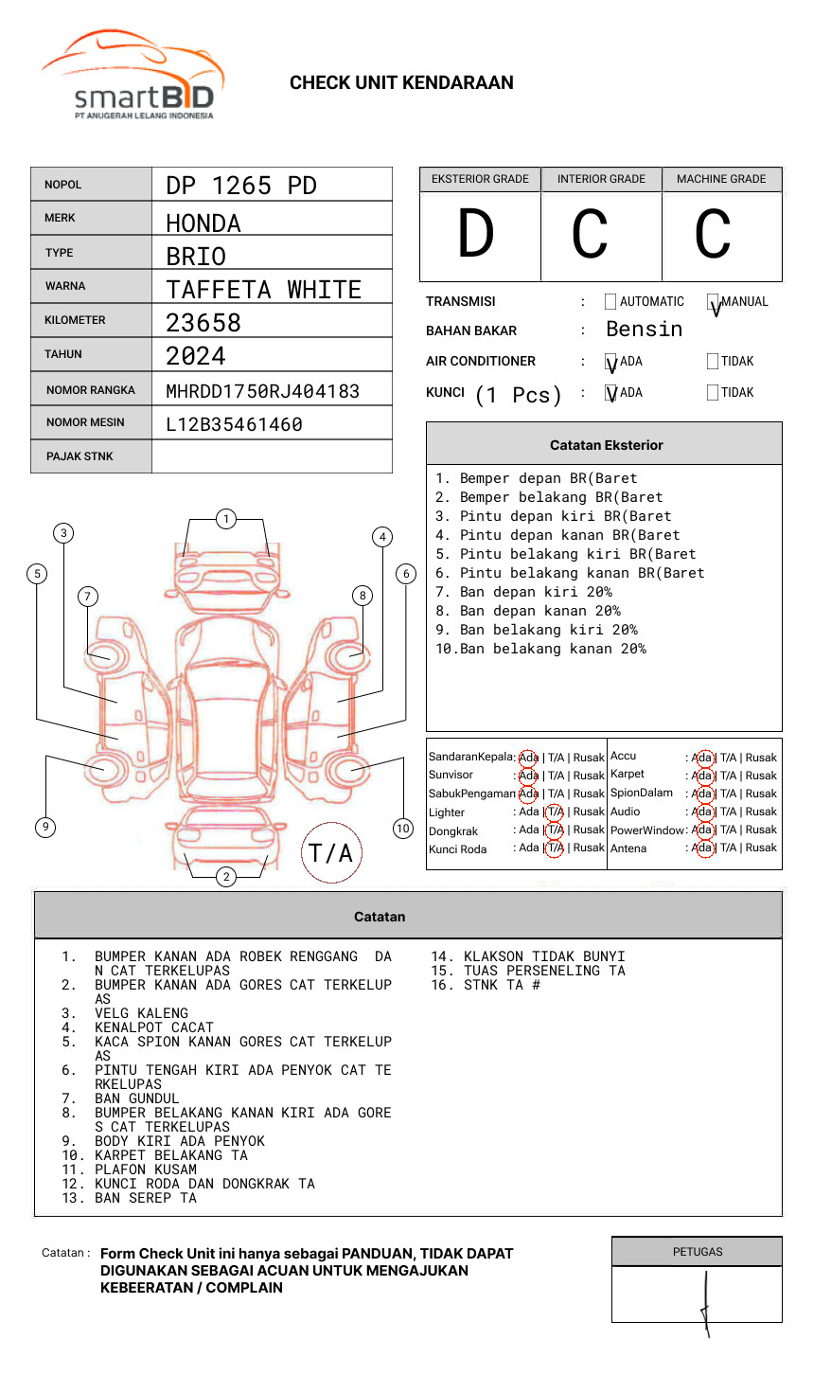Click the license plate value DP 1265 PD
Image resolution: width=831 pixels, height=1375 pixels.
pyautogui.click(x=241, y=186)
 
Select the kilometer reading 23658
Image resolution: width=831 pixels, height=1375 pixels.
pyautogui.click(x=203, y=323)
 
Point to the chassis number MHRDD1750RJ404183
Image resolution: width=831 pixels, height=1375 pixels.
pyautogui.click(x=263, y=391)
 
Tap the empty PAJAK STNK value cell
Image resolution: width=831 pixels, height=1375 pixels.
pyautogui.click(x=272, y=456)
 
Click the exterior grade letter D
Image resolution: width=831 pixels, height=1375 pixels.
pyautogui.click(x=476, y=233)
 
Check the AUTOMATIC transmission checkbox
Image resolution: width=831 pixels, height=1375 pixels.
pyautogui.click(x=610, y=301)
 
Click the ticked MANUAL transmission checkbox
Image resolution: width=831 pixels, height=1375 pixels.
pyautogui.click(x=713, y=301)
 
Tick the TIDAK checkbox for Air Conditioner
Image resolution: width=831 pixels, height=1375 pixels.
pyautogui.click(x=713, y=361)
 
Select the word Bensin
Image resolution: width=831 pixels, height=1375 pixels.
pyautogui.click(x=644, y=330)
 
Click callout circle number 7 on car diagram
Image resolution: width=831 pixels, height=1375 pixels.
pyautogui.click(x=88, y=596)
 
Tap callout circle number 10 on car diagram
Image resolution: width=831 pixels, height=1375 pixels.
pyautogui.click(x=402, y=828)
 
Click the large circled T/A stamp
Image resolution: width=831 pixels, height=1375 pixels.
pyautogui.click(x=331, y=852)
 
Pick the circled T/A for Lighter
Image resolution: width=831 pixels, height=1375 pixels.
pyautogui.click(x=555, y=812)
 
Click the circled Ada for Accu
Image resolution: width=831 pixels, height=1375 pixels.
pyautogui.click(x=704, y=758)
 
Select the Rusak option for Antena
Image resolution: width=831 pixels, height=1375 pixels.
pyautogui.click(x=761, y=848)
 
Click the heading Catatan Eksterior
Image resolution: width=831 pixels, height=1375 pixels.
pyautogui.click(x=607, y=445)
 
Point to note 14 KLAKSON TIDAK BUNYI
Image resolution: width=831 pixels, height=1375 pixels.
pyautogui.click(x=528, y=956)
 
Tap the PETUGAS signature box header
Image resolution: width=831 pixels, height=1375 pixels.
pyautogui.click(x=698, y=1252)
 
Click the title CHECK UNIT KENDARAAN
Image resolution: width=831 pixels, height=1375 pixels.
pyautogui.click(x=401, y=83)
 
